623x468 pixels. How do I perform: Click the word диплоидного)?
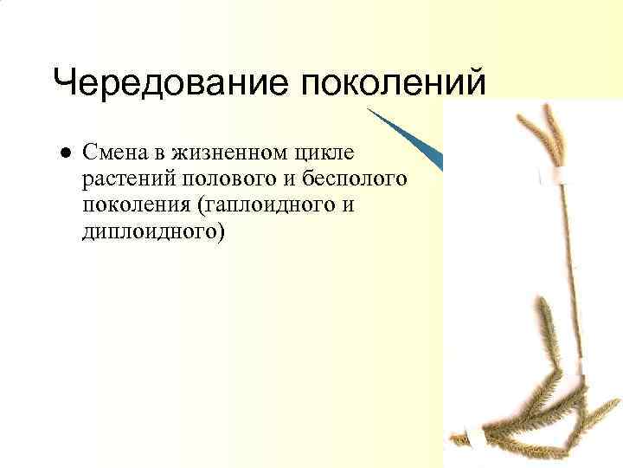[x=152, y=232]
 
